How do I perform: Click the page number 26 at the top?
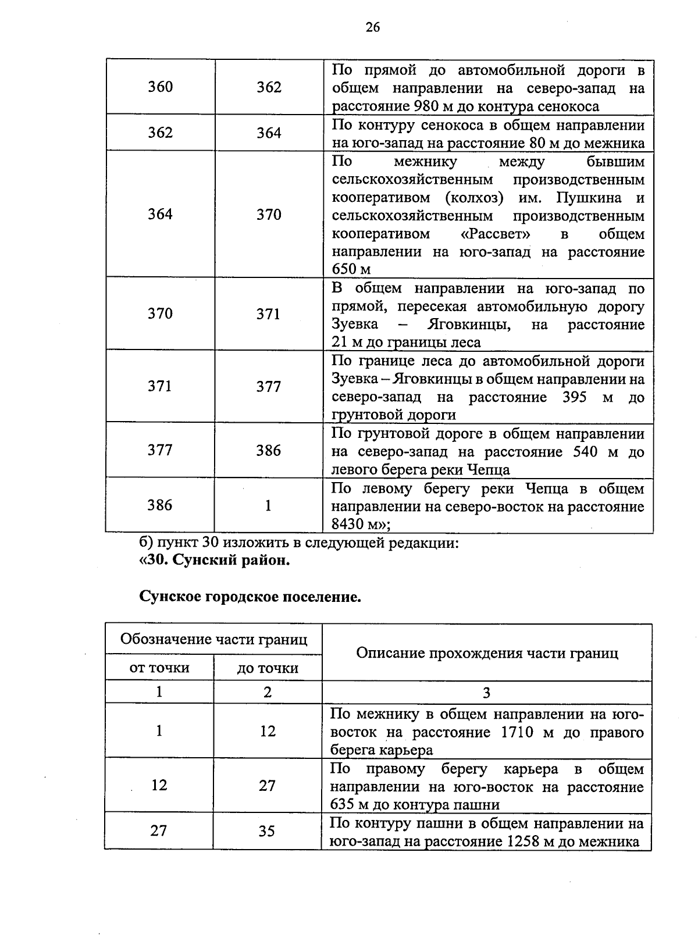pyautogui.click(x=372, y=27)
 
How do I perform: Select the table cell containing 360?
pyautogui.click(x=160, y=87)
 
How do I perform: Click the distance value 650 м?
pyautogui.click(x=351, y=269)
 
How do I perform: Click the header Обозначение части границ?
pyautogui.click(x=213, y=639)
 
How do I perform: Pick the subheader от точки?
pyautogui.click(x=159, y=668)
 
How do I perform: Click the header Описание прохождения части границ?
pyautogui.click(x=487, y=652)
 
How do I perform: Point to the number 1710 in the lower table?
pyautogui.click(x=517, y=732)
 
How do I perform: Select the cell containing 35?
pyautogui.click(x=267, y=831)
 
